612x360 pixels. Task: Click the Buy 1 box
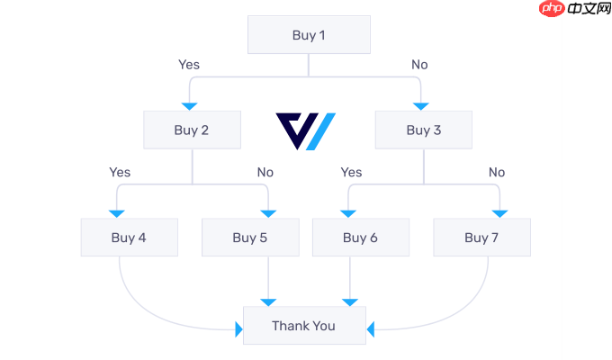[309, 36]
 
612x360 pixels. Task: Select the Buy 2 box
[192, 130]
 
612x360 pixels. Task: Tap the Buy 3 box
[424, 130]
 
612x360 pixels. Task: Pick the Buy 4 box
[129, 238]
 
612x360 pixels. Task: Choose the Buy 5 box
[250, 238]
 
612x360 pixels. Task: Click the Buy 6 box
[360, 238]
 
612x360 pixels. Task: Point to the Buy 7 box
[481, 238]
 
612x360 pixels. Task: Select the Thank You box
[304, 326]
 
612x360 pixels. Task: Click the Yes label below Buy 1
[189, 65]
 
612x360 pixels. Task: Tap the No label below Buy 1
[419, 65]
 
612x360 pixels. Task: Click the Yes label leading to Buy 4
[120, 172]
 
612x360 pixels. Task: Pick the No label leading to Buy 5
[265, 172]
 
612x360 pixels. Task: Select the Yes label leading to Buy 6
[351, 172]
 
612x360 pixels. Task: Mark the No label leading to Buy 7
[497, 172]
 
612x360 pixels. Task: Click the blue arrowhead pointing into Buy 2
[190, 106]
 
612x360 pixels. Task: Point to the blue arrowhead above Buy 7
[499, 213]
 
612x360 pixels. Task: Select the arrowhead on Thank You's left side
[239, 330]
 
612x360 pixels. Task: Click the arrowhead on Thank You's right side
[370, 330]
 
